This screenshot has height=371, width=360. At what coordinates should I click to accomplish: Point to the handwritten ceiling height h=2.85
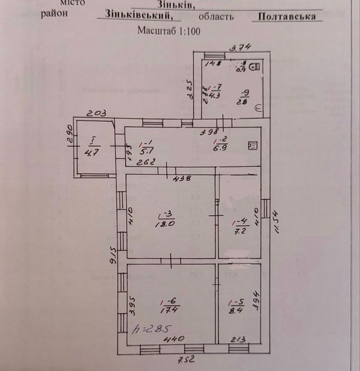[152, 327]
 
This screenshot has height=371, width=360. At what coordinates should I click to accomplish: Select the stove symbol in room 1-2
[253, 145]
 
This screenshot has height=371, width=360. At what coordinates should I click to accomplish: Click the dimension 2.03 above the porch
[97, 113]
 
